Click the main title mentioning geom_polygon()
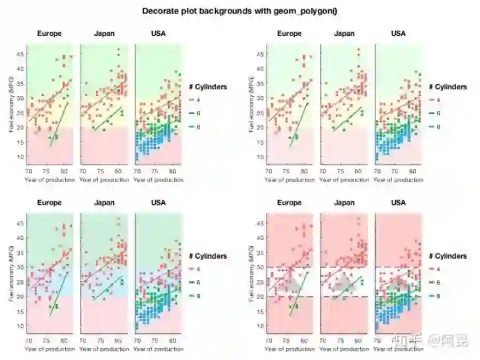240,11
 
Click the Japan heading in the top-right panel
344,33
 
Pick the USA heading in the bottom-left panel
158,203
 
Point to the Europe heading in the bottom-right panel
289,203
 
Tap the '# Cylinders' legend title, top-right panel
448,87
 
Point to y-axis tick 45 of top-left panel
21,54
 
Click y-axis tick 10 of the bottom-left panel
21,326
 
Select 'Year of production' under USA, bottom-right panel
398,349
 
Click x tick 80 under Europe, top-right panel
304,171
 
